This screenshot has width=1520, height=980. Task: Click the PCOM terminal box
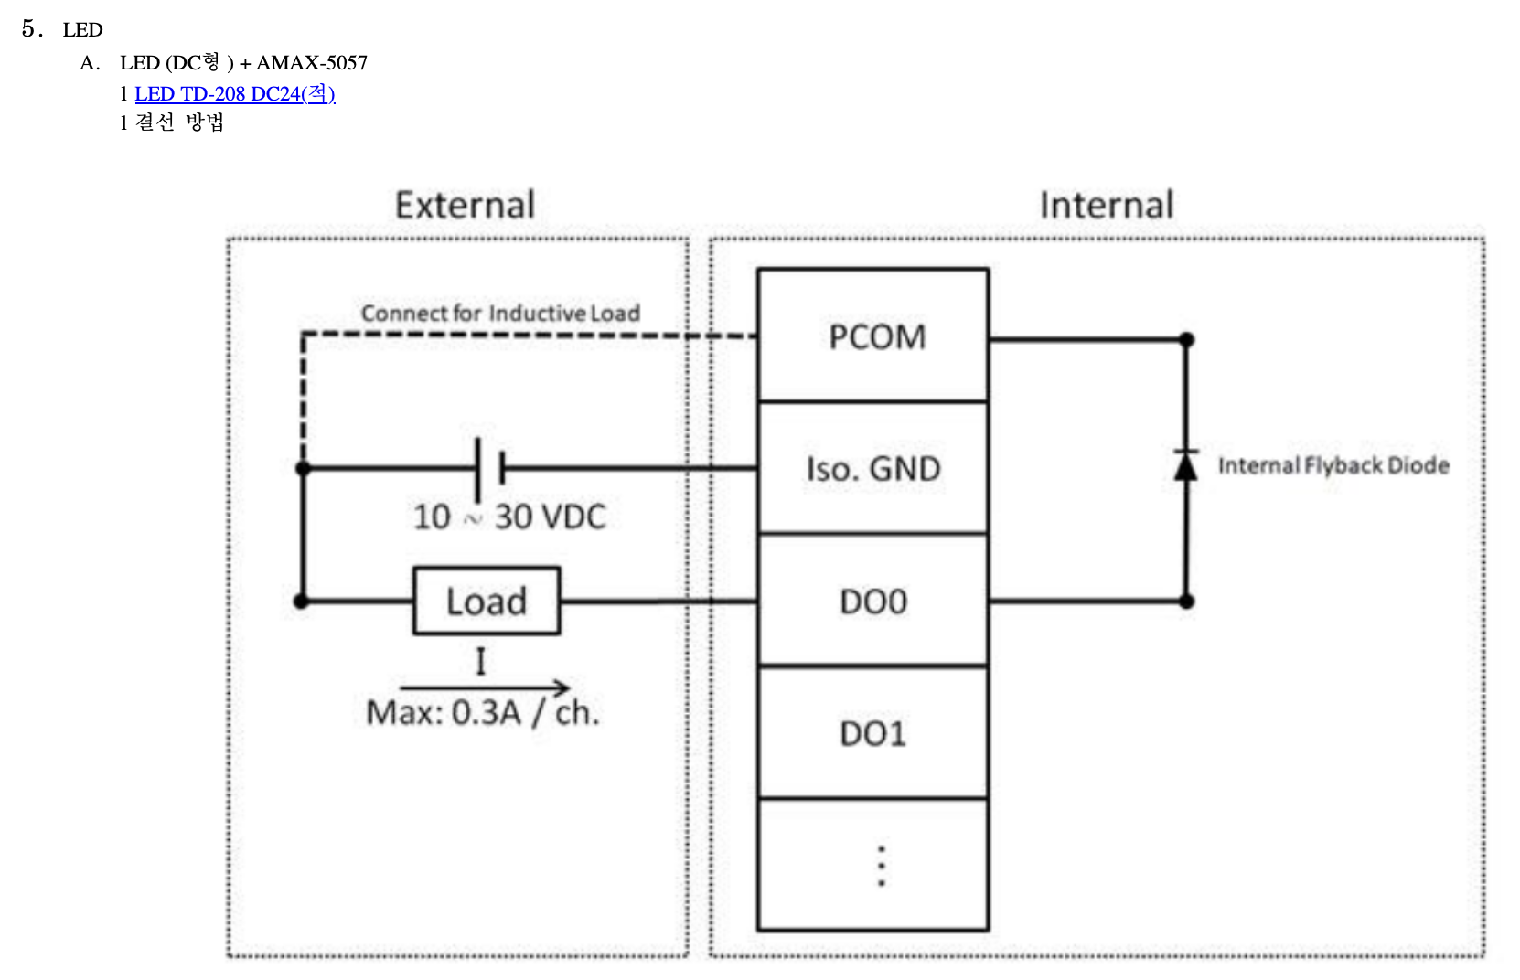[x=873, y=336]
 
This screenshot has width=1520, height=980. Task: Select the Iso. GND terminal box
[x=873, y=468]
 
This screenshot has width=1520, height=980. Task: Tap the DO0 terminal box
[x=873, y=601]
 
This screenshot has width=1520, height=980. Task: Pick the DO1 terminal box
[x=873, y=732]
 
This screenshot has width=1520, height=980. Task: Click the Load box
[x=486, y=601]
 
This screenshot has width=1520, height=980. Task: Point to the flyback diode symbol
[x=1186, y=465]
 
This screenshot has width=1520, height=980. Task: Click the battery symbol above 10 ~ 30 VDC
[x=489, y=468]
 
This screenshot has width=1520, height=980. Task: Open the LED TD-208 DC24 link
[x=235, y=93]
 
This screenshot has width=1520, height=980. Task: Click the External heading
[x=465, y=205]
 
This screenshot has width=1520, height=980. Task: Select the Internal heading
[x=1107, y=205]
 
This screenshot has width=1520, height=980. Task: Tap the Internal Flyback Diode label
[x=1333, y=465]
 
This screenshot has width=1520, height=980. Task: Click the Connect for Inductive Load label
[x=500, y=313]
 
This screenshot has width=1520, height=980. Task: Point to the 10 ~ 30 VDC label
[x=509, y=517]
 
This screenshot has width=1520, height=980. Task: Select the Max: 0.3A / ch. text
[x=483, y=712]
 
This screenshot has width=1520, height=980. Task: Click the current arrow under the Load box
[x=484, y=687]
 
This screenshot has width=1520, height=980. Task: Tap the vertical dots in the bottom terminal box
[x=881, y=865]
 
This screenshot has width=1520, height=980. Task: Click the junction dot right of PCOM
[x=1186, y=340]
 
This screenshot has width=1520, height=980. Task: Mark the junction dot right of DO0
[x=1186, y=602]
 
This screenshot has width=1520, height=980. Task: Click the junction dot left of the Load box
[x=302, y=602]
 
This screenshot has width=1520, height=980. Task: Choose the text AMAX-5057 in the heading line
[x=312, y=62]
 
